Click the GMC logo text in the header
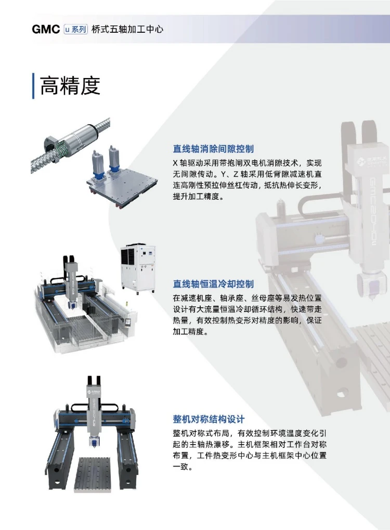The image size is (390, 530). click(x=46, y=29)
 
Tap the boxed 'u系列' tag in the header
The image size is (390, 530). click(x=75, y=29)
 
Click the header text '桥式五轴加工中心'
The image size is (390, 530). click(x=127, y=29)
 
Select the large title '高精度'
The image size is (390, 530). click(x=70, y=85)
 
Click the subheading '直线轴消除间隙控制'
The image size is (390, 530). click(x=213, y=149)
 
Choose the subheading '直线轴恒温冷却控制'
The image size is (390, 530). click(x=213, y=284)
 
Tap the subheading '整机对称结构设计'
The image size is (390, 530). click(x=209, y=419)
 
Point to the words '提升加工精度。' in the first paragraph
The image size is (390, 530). click(x=198, y=197)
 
